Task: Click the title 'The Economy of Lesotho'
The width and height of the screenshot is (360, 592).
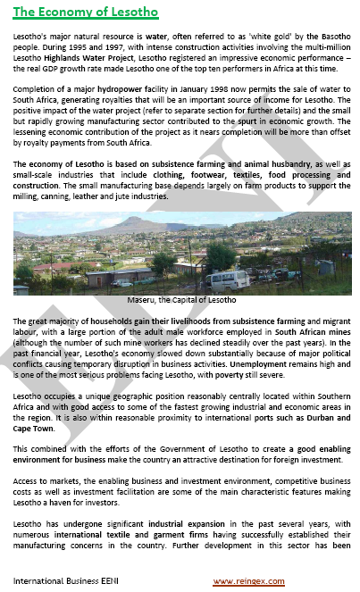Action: coord(85,13)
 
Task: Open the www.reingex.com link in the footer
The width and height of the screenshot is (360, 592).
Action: coord(247,581)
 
